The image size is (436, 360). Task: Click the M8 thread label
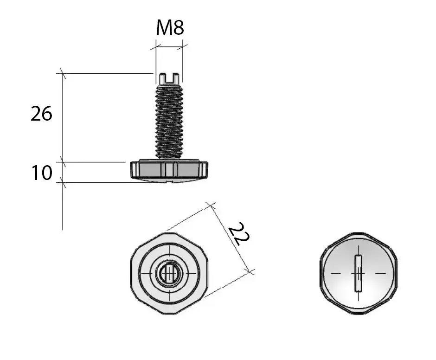(170, 28)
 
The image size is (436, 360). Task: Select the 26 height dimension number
(41, 114)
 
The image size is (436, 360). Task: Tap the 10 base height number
(42, 173)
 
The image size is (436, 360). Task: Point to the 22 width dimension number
(239, 234)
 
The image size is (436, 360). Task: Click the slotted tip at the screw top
(168, 78)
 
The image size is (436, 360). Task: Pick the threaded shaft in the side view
(169, 121)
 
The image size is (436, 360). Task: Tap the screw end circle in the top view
(169, 273)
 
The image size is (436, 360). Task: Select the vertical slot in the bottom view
(358, 273)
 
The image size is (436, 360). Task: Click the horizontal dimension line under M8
(169, 47)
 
